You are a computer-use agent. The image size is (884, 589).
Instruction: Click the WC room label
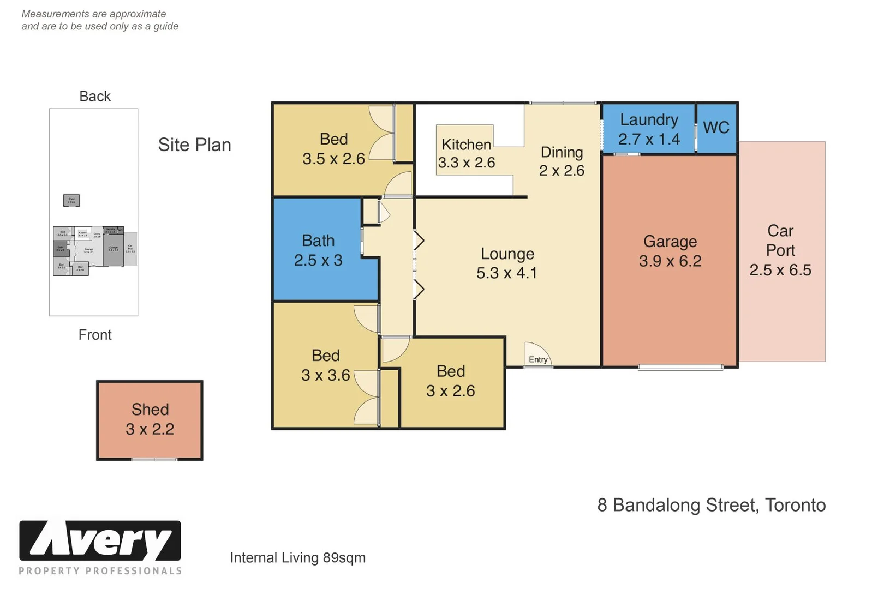pyautogui.click(x=716, y=128)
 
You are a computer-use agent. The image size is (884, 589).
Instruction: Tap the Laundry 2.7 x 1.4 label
pyautogui.click(x=649, y=129)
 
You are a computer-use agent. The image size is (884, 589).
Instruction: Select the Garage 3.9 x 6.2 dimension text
pyautogui.click(x=670, y=261)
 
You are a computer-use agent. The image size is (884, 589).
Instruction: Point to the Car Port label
pyautogui.click(x=780, y=250)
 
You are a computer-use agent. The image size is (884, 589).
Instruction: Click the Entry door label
pyautogui.click(x=538, y=359)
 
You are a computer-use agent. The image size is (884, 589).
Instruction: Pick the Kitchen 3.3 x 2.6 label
pyautogui.click(x=467, y=153)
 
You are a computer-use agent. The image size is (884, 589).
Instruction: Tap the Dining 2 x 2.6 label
pyautogui.click(x=562, y=161)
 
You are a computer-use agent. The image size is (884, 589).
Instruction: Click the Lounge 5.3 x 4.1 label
pyautogui.click(x=507, y=263)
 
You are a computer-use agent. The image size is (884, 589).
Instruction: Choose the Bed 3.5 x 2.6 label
pyautogui.click(x=333, y=149)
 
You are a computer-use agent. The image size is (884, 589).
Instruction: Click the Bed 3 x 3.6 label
pyautogui.click(x=326, y=365)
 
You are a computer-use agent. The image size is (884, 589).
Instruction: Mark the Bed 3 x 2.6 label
pyautogui.click(x=451, y=381)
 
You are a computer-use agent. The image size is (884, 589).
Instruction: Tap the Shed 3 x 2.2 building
pyautogui.click(x=150, y=420)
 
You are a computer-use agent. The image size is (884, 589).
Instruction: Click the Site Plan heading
pyautogui.click(x=194, y=145)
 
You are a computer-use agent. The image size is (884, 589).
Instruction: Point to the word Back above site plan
pyautogui.click(x=95, y=97)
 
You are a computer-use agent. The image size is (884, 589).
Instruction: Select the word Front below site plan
pyautogui.click(x=95, y=335)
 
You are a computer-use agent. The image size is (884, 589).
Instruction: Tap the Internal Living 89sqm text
pyautogui.click(x=297, y=558)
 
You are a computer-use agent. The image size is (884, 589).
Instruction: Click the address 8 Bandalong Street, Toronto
pyautogui.click(x=711, y=506)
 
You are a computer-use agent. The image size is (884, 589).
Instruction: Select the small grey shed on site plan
pyautogui.click(x=71, y=201)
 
